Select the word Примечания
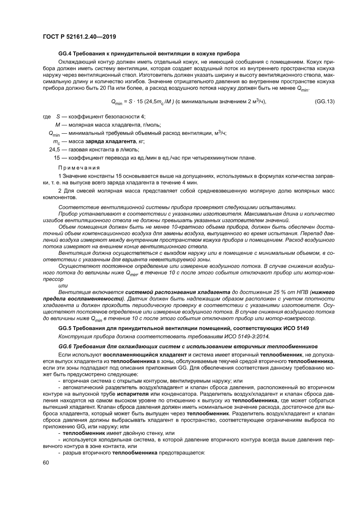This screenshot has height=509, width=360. (x=79, y=168)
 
